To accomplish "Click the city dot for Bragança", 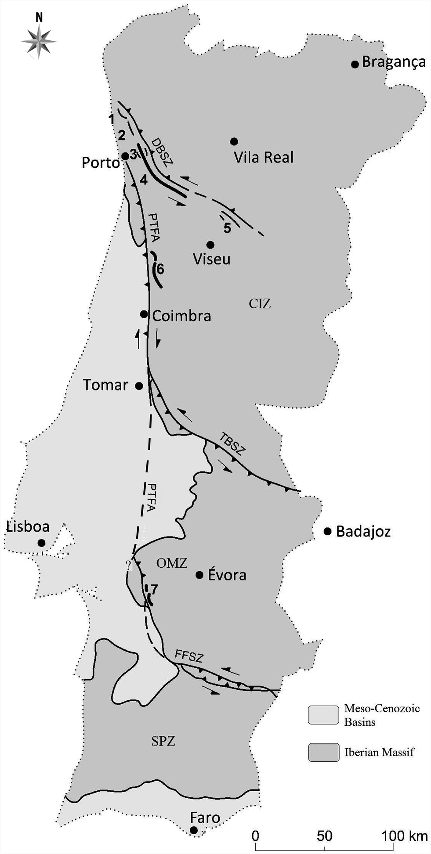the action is coord(355,64).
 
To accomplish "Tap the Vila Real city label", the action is coord(263,157).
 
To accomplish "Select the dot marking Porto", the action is coord(125,156).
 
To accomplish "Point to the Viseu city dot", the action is coord(210,245).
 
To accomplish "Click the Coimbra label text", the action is coord(181,316).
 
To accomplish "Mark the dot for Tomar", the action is coord(139,386).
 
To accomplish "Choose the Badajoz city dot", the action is coord(327,531).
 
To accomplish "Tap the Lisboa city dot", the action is coord(41,543).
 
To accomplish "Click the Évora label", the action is coord(227,575).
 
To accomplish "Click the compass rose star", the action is coord(39,41).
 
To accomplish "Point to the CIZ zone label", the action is coord(260,303).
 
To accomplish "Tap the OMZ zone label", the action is coord(171,563).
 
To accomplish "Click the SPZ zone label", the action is coord(163,741).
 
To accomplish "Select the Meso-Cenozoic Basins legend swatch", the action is coord(323,715).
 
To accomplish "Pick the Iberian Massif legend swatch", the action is coord(323,752).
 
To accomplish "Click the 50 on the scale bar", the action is coord(324,836).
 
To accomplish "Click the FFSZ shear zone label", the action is coord(189,657).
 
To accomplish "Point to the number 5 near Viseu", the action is coord(227,228).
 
